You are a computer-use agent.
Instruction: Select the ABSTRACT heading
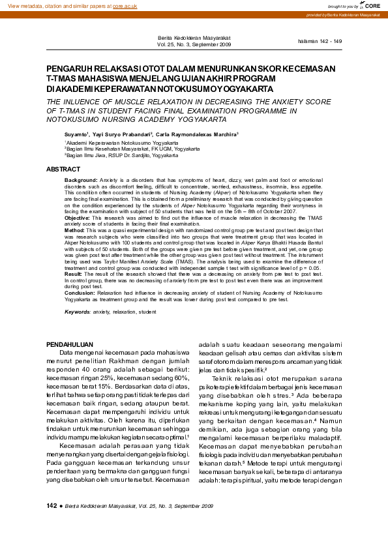click(x=63, y=169)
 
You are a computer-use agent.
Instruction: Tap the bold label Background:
click(x=81, y=179)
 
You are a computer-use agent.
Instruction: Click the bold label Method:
click(x=74, y=230)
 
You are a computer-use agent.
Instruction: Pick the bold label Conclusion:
click(x=79, y=293)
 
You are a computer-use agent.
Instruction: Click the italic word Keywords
click(x=77, y=312)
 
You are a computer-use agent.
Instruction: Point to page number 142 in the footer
click(x=52, y=524)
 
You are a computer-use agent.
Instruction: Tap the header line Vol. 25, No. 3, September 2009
click(x=194, y=45)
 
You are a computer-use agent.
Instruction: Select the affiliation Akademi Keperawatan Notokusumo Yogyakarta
click(x=121, y=141)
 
